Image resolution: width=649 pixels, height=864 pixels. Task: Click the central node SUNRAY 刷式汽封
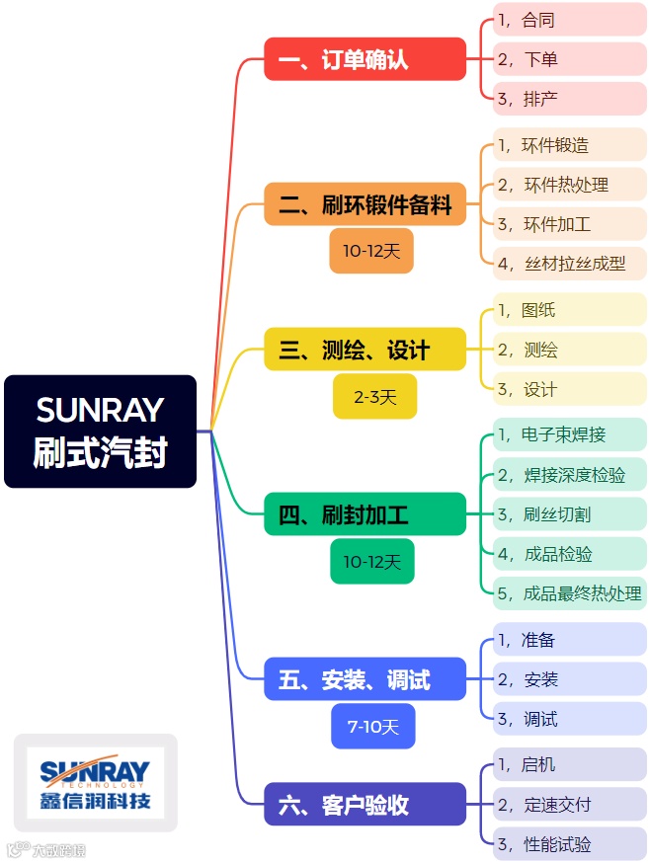pyautogui.click(x=100, y=432)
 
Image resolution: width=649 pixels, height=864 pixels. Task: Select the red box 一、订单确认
pyautogui.click(x=365, y=59)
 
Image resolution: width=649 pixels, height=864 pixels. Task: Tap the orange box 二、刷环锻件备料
pyautogui.click(x=365, y=204)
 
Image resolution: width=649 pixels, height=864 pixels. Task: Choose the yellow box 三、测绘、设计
pyautogui.click(x=365, y=350)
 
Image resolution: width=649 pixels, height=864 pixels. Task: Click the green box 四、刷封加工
pyautogui.click(x=365, y=514)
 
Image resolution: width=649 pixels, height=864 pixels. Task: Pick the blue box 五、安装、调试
pyautogui.click(x=365, y=679)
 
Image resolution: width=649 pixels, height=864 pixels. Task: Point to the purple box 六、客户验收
pyautogui.click(x=365, y=805)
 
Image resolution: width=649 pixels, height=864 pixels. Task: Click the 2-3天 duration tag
pyautogui.click(x=374, y=397)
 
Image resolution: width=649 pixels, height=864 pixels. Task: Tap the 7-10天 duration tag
pyautogui.click(x=372, y=727)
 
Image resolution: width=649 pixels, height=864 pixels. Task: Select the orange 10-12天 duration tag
pyautogui.click(x=371, y=251)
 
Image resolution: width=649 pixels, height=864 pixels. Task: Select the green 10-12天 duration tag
pyautogui.click(x=371, y=562)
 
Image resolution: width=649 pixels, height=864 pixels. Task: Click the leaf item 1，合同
pyautogui.click(x=569, y=20)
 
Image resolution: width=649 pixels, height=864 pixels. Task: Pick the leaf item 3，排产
pyautogui.click(x=569, y=99)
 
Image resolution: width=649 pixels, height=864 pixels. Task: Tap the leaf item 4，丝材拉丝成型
pyautogui.click(x=569, y=264)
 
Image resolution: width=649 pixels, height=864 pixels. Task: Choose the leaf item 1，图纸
pyautogui.click(x=569, y=310)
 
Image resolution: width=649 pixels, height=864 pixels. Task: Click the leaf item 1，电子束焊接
pyautogui.click(x=569, y=434)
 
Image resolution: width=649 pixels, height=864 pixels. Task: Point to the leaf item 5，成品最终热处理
pyautogui.click(x=569, y=593)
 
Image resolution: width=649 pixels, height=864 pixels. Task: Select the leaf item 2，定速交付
pyautogui.click(x=569, y=805)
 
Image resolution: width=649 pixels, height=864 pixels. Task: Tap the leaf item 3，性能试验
pyautogui.click(x=569, y=844)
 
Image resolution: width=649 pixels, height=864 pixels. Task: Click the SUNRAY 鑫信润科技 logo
pyautogui.click(x=95, y=783)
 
